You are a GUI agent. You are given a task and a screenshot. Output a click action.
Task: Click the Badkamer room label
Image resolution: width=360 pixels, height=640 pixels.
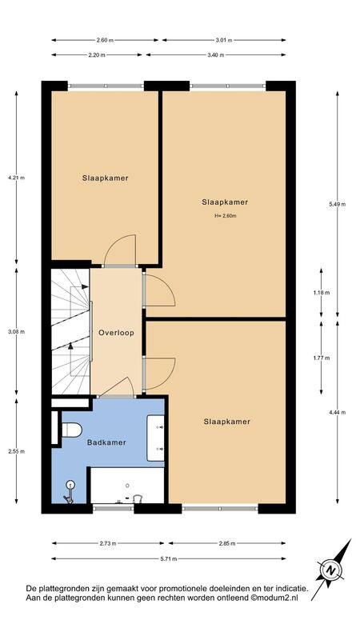106,442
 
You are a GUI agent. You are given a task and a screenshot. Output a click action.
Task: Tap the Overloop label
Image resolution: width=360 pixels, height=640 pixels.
116,332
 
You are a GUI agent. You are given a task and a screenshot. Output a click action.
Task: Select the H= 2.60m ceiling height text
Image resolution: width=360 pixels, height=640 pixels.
226,216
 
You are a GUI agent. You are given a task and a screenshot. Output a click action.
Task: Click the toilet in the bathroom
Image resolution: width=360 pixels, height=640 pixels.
72,430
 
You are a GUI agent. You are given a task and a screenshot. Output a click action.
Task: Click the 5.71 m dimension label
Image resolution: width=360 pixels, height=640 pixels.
168,558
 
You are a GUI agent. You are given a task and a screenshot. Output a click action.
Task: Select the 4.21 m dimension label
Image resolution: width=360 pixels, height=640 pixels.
16,178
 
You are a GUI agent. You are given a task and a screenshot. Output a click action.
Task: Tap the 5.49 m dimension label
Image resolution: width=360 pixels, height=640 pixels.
337,205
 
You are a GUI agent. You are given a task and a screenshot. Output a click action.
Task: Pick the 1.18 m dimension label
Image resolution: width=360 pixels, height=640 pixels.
322,292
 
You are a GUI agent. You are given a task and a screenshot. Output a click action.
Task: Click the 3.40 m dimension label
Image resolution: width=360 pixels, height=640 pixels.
215,55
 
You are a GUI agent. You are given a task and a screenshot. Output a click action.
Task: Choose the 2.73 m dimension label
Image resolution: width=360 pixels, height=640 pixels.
108,543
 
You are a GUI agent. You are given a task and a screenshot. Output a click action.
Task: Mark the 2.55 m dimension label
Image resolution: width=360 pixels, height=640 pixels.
16,451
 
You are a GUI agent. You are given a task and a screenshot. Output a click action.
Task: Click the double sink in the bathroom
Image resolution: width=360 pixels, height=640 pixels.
155,438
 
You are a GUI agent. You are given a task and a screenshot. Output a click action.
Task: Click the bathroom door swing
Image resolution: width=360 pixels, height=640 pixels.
117,386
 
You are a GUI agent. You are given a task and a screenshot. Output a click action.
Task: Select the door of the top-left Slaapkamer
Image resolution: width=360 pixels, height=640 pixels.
120,250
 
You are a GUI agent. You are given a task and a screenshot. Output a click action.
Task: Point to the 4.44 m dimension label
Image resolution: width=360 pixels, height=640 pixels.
337,412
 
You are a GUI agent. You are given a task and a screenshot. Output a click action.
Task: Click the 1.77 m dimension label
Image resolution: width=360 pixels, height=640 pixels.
322,358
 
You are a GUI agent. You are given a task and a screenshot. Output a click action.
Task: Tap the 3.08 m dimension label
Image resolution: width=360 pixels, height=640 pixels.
16,332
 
